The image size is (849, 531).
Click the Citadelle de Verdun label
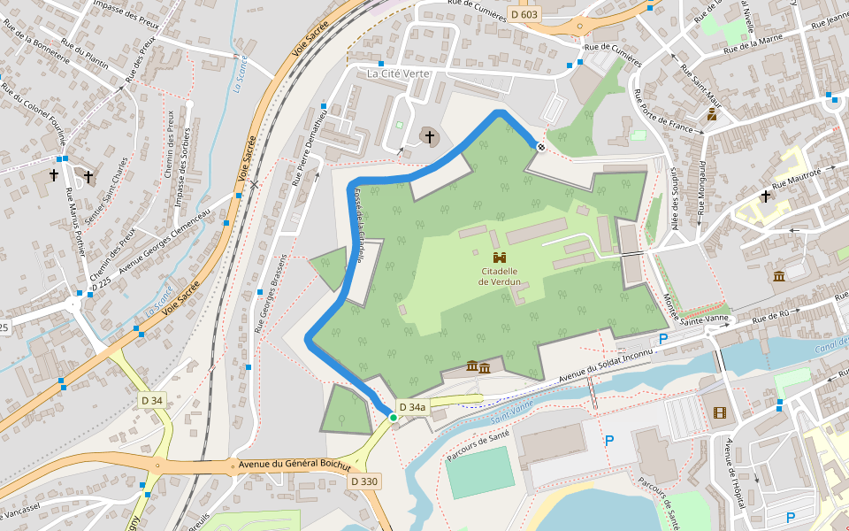[x=499, y=277]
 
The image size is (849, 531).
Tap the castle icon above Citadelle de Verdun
[x=500, y=257]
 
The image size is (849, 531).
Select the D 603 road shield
[x=524, y=14]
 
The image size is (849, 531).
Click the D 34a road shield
[x=412, y=407]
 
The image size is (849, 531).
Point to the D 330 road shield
[x=363, y=481]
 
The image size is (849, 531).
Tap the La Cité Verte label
[x=397, y=73]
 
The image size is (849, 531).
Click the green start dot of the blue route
[x=393, y=417]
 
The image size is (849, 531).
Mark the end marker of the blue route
[x=540, y=146]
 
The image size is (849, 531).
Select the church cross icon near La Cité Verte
[x=430, y=136]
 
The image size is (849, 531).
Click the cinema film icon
[x=719, y=412]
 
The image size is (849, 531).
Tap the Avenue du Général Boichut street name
[x=289, y=466]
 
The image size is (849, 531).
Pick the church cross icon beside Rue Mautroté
[x=765, y=196]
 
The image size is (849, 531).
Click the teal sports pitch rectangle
[x=479, y=472]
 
